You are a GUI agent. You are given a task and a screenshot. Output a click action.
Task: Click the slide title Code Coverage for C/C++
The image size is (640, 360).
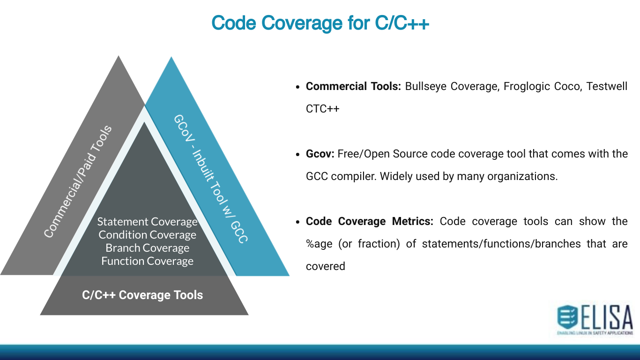click(320, 22)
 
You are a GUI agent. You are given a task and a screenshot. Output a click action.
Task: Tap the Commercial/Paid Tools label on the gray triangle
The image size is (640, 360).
click(78, 181)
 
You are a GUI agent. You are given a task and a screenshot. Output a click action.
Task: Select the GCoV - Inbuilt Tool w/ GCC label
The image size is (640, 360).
click(211, 178)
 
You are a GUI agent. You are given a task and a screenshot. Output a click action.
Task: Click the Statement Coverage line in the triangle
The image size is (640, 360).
click(147, 222)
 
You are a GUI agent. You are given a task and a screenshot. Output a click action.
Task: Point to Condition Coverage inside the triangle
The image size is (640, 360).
click(147, 235)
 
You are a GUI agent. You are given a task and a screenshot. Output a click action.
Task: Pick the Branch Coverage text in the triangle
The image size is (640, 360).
click(147, 248)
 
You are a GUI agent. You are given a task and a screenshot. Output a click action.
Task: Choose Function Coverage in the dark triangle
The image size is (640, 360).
click(147, 261)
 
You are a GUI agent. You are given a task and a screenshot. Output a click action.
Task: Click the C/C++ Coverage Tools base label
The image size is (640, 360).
click(142, 295)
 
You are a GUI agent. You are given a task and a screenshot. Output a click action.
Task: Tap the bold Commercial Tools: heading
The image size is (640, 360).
click(353, 86)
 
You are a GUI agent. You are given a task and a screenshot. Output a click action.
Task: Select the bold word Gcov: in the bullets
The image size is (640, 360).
click(320, 154)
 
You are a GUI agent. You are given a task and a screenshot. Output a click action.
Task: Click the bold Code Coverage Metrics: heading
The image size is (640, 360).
click(370, 221)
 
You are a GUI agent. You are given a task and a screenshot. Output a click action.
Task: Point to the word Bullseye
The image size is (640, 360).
click(425, 86)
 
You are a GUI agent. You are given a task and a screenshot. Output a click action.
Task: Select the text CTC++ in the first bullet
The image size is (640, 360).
click(322, 109)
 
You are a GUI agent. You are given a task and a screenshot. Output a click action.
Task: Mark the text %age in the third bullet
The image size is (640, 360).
click(319, 244)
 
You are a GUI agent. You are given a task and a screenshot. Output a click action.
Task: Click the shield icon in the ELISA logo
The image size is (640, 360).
click(567, 317)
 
